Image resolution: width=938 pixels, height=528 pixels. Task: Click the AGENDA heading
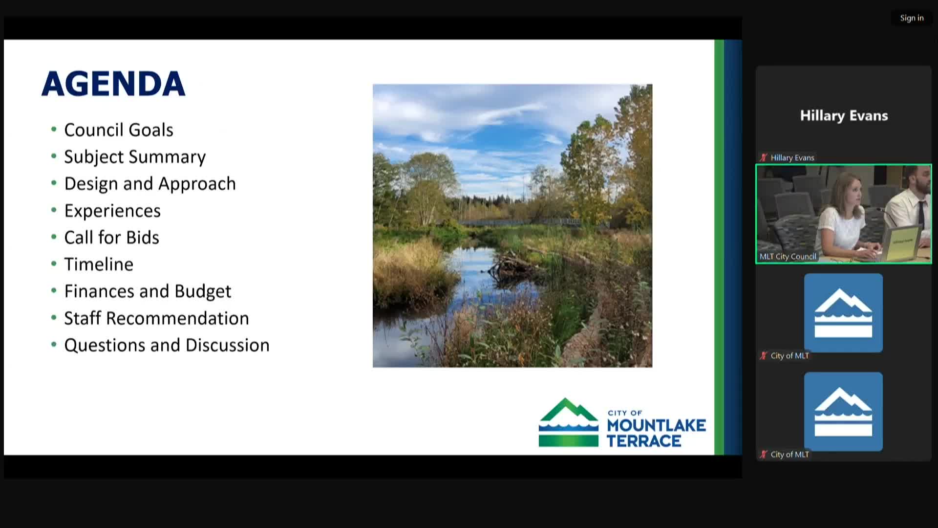(x=113, y=84)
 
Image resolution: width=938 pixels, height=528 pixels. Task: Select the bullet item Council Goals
(x=119, y=130)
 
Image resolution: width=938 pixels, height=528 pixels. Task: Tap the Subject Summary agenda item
(x=135, y=157)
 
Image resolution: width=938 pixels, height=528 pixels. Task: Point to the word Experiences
(x=112, y=211)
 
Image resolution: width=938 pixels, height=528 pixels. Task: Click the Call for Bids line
(x=112, y=238)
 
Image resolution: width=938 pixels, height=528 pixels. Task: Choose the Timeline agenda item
(x=99, y=264)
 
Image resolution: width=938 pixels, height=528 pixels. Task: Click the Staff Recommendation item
(x=157, y=318)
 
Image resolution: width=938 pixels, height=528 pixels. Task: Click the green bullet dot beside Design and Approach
(x=54, y=183)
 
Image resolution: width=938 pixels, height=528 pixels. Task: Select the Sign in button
(x=912, y=18)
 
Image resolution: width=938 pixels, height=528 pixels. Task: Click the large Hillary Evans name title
(x=844, y=116)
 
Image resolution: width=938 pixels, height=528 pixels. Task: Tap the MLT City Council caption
(x=788, y=257)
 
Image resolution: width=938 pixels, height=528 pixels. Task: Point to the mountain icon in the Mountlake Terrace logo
(x=569, y=422)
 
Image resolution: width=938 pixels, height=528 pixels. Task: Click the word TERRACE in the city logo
(x=644, y=441)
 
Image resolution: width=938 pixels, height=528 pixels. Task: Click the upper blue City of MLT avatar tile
(x=843, y=313)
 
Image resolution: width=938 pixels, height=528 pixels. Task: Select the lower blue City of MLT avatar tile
(x=843, y=412)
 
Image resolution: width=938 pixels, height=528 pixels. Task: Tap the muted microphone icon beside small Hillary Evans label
(x=764, y=157)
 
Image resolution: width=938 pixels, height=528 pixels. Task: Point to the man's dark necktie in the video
(x=920, y=213)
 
